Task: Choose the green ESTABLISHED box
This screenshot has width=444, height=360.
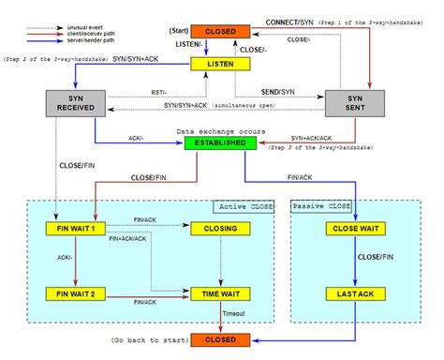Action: [x=221, y=142]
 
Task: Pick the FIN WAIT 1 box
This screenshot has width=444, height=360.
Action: [x=76, y=229]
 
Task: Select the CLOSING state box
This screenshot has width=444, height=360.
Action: [x=221, y=229]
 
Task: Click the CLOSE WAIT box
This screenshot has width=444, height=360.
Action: [x=357, y=229]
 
